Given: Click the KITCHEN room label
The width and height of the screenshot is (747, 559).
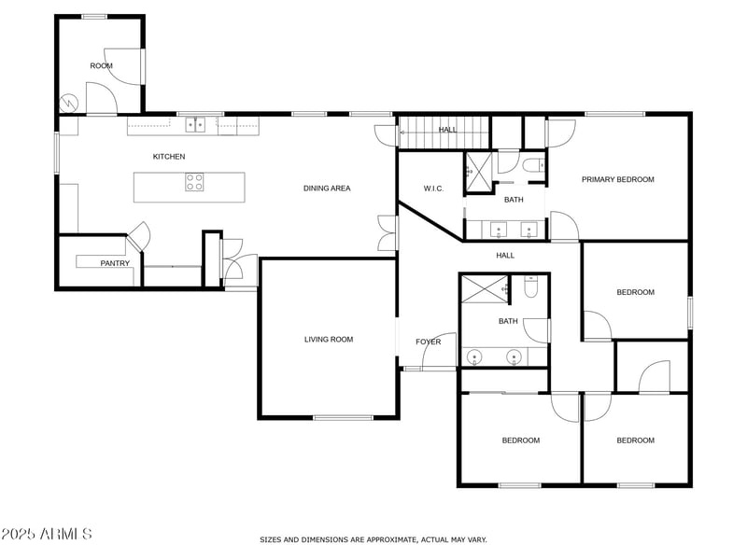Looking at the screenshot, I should pos(169,157).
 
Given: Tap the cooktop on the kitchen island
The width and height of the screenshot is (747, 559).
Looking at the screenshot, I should pos(194,182).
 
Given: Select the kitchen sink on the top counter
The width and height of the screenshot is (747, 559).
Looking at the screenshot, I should pos(195,122).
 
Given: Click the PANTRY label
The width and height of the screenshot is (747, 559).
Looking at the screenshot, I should pos(115,264).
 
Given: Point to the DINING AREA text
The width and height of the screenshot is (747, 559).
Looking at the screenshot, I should pos(327,189).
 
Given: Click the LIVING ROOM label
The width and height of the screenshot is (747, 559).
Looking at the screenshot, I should pos(329,340).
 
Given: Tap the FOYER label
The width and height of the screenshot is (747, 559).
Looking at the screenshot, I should pos(428,342).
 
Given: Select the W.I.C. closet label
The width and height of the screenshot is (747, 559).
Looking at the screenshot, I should pos(433,189).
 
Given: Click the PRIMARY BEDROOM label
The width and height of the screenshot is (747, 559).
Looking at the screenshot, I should pos(617,180).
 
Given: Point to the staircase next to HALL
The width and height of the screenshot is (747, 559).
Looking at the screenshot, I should pos(444,130).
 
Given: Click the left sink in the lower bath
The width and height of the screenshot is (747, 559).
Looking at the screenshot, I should pos(474,356).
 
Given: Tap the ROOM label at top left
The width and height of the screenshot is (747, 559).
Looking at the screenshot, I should pos(101,66).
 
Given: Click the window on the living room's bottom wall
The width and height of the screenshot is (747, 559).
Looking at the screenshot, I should pos(343,416).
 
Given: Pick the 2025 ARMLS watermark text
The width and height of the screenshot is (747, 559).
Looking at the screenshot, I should pos(47,534).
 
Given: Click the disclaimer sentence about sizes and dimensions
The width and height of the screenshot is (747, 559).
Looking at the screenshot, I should pos(373,539).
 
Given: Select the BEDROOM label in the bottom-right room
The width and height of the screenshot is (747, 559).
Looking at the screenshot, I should pos(635,440).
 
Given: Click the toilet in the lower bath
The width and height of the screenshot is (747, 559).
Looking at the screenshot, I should pos(530,287).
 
